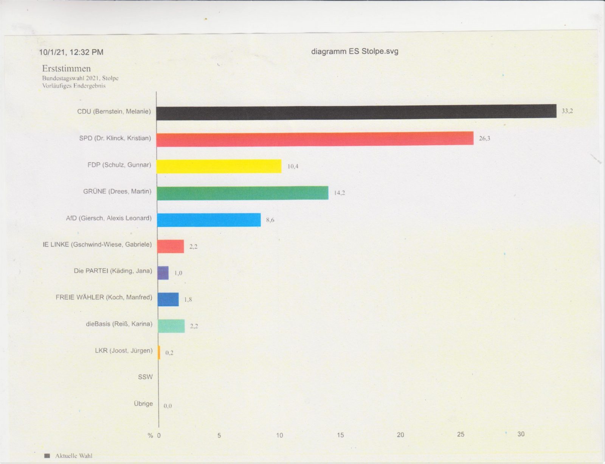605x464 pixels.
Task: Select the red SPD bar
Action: coord(315,139)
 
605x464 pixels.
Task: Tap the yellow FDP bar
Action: coord(219,166)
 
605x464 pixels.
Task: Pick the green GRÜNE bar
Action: coord(242,193)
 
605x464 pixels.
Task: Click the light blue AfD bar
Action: coord(209,220)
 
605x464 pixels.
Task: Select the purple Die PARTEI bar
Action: coord(163,273)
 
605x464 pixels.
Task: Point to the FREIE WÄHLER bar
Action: coord(168,299)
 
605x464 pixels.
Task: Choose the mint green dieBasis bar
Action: coord(171,326)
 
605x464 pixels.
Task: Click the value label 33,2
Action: coord(567,111)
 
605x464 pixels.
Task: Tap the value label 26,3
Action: coord(484,139)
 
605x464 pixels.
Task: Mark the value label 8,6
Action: coord(270,220)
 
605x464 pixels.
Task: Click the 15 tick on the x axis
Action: coord(340,435)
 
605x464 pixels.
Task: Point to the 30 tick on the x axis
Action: coord(521,434)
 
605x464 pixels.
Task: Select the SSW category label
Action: coord(145,377)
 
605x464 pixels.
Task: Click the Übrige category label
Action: coord(143,404)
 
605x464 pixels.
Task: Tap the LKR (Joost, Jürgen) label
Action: coord(124,351)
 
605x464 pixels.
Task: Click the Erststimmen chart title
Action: coord(66,69)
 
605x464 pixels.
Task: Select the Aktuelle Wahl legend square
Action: coord(47,456)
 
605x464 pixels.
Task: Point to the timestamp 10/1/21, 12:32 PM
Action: coord(71,52)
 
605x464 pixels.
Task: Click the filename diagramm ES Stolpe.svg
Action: coord(355,51)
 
